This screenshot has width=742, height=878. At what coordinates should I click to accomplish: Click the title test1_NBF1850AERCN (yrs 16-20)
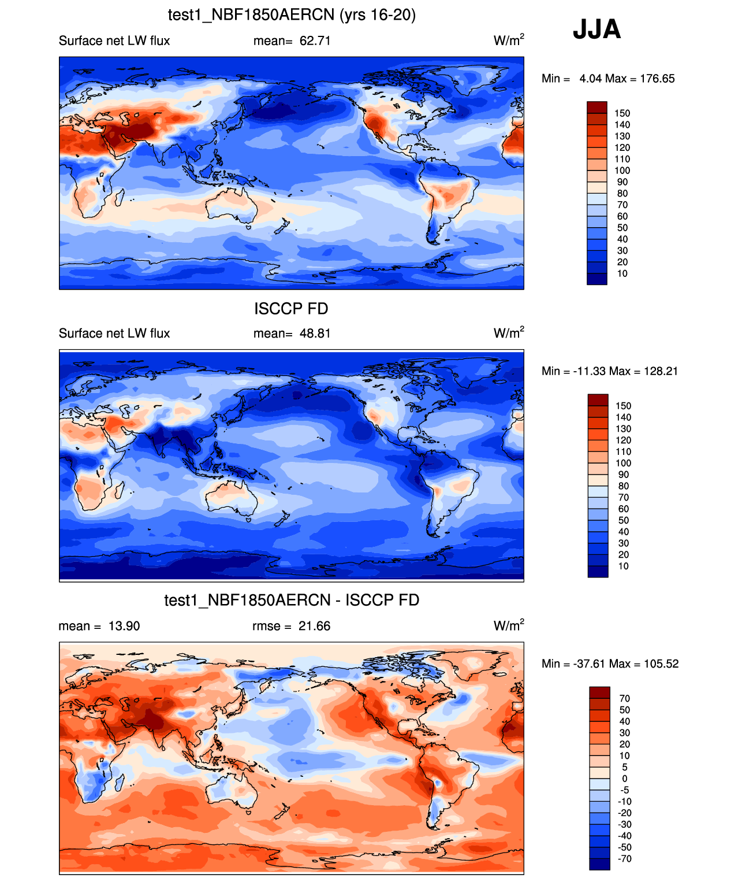click(292, 15)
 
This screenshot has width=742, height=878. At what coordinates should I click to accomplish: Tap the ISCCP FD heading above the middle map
click(291, 309)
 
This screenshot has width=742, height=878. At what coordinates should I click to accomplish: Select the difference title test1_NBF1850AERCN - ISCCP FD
click(292, 600)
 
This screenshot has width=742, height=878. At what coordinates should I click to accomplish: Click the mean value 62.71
click(315, 41)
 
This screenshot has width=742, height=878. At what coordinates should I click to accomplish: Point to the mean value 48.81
click(315, 334)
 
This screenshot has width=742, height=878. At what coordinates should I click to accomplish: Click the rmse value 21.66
click(314, 626)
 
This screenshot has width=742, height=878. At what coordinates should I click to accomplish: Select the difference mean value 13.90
click(124, 626)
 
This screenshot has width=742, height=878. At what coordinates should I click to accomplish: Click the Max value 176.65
click(657, 79)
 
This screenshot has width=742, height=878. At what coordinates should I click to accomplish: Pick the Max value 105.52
click(661, 664)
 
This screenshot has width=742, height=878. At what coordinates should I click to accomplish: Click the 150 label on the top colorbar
click(622, 113)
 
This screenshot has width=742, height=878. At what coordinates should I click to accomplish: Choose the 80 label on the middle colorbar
click(623, 486)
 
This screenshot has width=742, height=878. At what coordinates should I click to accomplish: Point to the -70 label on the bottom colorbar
click(624, 858)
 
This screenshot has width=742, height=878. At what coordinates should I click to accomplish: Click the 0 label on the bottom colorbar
click(624, 779)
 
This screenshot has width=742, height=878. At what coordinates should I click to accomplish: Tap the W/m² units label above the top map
click(509, 40)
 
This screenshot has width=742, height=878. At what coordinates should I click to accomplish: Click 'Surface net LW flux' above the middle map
click(114, 334)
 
